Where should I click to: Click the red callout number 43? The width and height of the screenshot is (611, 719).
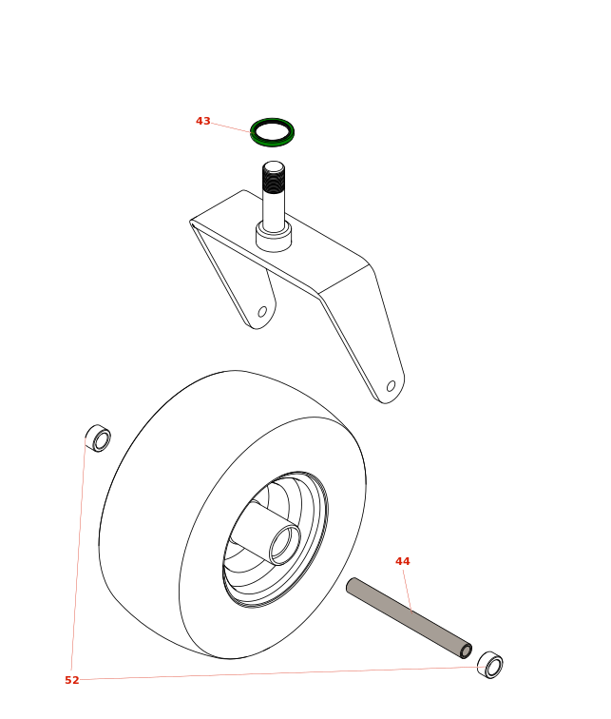[203, 121]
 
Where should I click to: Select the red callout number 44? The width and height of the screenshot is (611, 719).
[403, 561]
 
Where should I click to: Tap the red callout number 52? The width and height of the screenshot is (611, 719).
[72, 680]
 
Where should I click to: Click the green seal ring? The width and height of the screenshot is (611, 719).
[272, 132]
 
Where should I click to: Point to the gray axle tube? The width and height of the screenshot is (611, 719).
[409, 618]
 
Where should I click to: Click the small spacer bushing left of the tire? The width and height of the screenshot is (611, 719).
[98, 438]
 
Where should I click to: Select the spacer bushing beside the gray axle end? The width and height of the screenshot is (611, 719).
[490, 665]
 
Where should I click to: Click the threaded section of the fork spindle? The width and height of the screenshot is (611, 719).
[274, 179]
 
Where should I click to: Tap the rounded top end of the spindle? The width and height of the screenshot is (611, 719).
[274, 166]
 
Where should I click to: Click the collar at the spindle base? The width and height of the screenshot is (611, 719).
[274, 236]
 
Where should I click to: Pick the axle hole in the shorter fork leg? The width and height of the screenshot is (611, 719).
[262, 312]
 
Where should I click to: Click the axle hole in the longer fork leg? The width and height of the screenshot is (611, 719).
[391, 386]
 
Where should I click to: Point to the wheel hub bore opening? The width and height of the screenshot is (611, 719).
[285, 545]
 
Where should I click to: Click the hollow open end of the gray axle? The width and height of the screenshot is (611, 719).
[467, 651]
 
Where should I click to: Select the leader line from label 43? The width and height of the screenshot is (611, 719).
[230, 127]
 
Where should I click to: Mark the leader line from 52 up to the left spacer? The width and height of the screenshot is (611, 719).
[78, 554]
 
